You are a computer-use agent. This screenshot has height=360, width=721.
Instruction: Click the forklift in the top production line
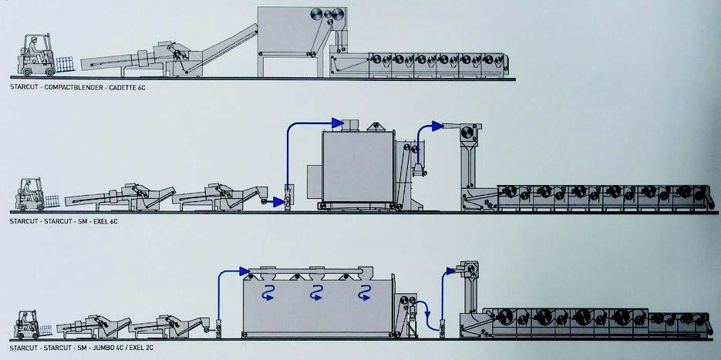[32, 56]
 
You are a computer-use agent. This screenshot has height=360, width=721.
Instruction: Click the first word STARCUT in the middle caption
[26, 221]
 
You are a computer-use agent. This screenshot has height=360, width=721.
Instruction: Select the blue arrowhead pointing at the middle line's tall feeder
[438, 124]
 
